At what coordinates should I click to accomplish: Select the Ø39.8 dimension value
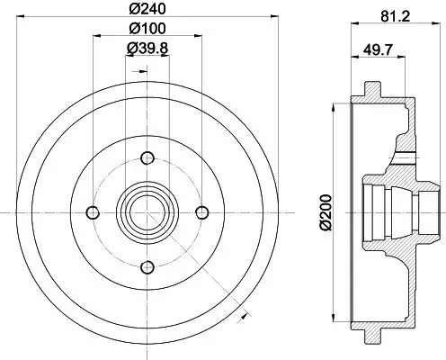pyautogui.click(x=147, y=49)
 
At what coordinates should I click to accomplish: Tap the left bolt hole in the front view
pyautogui.click(x=92, y=212)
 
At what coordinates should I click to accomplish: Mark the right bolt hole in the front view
pyautogui.click(x=201, y=212)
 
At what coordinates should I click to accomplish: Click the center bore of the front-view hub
pyautogui.click(x=147, y=212)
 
